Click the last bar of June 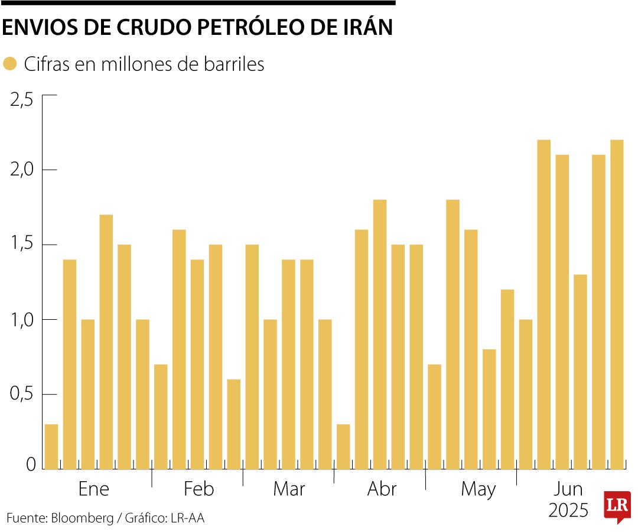pos(617,304)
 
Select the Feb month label pos(198,489)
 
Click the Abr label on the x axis pos(382,489)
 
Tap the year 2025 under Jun pos(568,510)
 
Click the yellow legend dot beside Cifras pos(9,64)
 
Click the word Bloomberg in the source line pos(82,518)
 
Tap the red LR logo pos(617,505)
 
